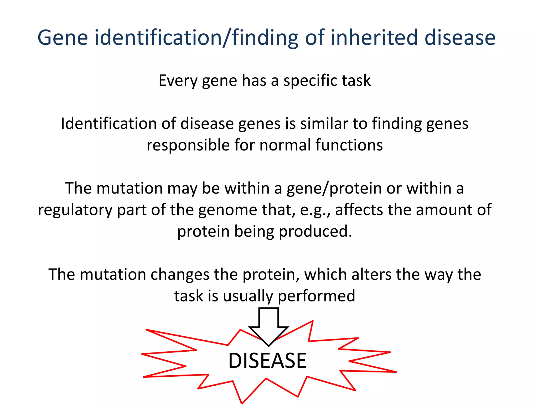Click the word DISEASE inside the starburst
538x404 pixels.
coord(267,361)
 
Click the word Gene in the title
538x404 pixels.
coord(63,38)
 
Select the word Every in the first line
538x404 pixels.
coord(178,80)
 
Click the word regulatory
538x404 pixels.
coord(75,210)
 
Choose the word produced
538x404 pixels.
coord(315,231)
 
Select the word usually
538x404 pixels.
coord(248,296)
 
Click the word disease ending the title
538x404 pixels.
coord(460,38)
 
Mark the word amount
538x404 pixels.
coord(444,210)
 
